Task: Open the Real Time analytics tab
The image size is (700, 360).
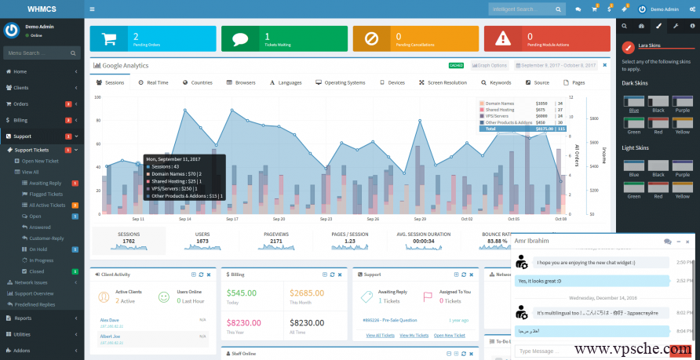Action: click(x=152, y=82)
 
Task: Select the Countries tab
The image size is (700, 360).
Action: click(x=197, y=82)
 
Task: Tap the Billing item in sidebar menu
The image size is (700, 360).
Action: click(x=20, y=120)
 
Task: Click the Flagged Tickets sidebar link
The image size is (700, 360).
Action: click(x=46, y=194)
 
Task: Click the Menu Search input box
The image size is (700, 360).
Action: click(x=39, y=53)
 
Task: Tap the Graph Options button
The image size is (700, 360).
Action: click(x=490, y=66)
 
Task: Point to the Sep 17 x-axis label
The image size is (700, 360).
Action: click(x=232, y=220)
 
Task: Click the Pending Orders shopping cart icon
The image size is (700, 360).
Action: click(x=110, y=38)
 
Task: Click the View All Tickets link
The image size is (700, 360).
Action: click(x=381, y=335)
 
